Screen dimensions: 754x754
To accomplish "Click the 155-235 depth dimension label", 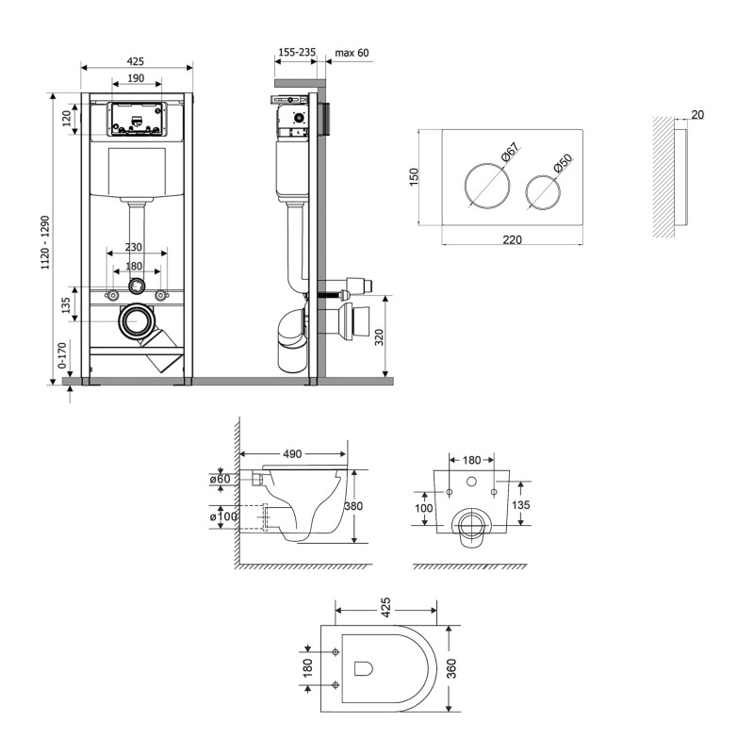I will pos(297,53).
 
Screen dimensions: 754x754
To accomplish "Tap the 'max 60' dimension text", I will pos(352,53).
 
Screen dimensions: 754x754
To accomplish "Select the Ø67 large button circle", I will pos(486,184).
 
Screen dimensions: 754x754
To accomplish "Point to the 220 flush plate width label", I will pos(512,240).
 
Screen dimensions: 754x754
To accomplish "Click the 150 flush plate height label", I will pos(414,177).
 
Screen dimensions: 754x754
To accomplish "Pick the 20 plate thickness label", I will pos(697,115).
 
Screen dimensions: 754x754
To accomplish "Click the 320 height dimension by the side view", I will pos(379,337).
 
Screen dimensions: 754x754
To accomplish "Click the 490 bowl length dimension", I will pos(292,454).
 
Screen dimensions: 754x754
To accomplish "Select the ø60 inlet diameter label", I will pos(221,480).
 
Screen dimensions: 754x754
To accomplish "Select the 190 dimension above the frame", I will pos(137,78).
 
